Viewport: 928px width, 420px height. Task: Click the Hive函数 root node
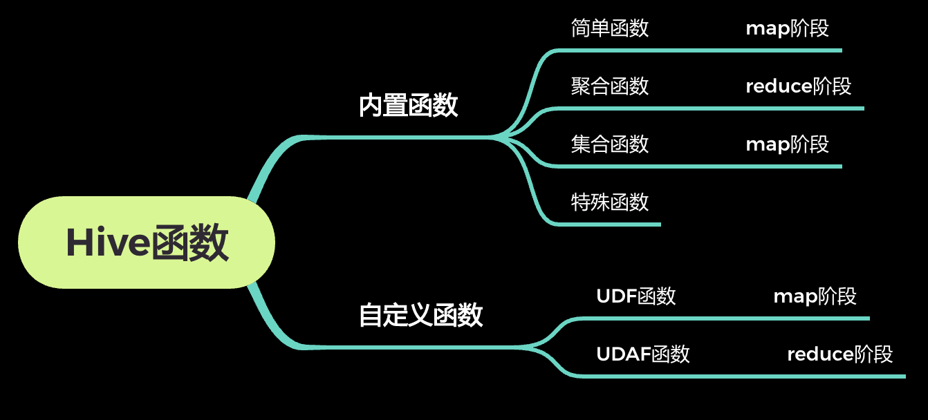(x=147, y=242)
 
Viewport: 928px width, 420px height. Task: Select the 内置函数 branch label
(x=409, y=106)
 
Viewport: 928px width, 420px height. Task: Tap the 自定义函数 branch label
(x=420, y=315)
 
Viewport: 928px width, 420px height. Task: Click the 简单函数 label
(x=610, y=28)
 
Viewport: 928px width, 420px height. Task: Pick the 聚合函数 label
(x=610, y=86)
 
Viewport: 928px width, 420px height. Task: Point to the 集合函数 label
(x=610, y=144)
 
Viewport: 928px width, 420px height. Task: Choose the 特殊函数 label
(x=610, y=202)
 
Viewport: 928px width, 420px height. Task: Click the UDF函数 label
(x=636, y=296)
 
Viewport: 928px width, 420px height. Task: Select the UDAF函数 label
(x=643, y=354)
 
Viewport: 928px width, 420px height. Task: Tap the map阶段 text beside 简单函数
(x=787, y=28)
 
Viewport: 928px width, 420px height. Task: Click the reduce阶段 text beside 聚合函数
(x=799, y=86)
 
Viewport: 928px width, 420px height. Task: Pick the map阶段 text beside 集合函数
(x=787, y=144)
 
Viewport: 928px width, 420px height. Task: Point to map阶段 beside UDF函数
(x=815, y=296)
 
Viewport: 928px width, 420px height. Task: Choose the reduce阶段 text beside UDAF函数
(x=840, y=354)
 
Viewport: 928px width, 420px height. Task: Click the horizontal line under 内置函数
(x=408, y=137)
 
